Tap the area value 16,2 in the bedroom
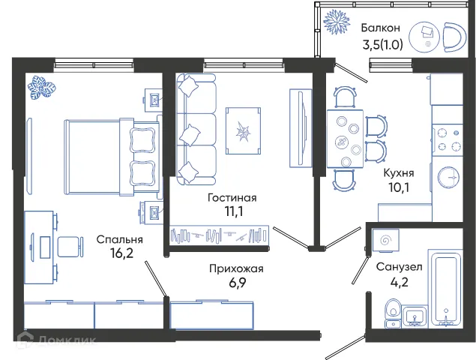[119, 253]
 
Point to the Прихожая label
[236, 268]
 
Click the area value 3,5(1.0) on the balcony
[382, 43]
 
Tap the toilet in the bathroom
[391, 312]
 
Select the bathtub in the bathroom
[446, 294]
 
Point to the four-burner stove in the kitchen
[451, 140]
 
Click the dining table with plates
[346, 139]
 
